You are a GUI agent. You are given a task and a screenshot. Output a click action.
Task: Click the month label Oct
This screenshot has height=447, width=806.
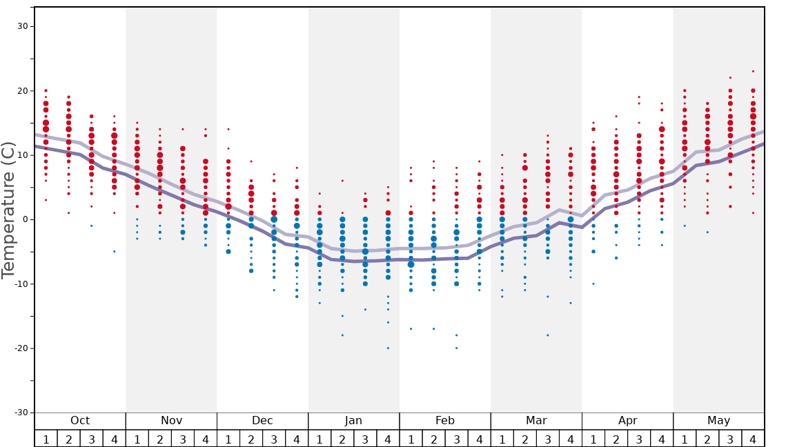[80, 421]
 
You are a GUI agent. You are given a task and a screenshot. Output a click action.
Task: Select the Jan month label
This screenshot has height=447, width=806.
[353, 421]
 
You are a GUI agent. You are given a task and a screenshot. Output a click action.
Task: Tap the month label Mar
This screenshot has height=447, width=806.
[536, 421]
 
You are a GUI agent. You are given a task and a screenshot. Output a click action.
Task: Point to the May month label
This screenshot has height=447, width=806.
[718, 421]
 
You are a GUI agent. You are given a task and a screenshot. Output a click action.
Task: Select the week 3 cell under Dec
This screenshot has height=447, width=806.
[274, 439]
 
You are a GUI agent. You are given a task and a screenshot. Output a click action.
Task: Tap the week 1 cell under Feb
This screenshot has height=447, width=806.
[411, 439]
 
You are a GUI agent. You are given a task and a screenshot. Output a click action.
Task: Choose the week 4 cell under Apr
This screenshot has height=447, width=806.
[662, 439]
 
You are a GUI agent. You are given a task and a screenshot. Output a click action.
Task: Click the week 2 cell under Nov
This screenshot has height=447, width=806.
[160, 439]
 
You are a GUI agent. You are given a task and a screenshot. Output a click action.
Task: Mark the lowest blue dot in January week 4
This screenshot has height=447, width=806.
[388, 348]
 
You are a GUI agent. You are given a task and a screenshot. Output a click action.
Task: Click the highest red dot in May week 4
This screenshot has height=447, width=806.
[753, 71]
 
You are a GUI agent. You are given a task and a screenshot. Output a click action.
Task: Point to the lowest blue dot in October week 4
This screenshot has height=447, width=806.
[115, 251]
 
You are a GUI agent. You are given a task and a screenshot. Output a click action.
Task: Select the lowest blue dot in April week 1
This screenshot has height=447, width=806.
[593, 284]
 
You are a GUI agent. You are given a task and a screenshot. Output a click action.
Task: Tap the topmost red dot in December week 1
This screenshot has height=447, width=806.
[228, 129]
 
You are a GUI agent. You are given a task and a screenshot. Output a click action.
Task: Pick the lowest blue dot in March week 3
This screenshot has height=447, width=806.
[548, 335]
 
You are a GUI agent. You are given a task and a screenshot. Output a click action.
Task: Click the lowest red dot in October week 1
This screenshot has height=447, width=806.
[46, 200]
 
